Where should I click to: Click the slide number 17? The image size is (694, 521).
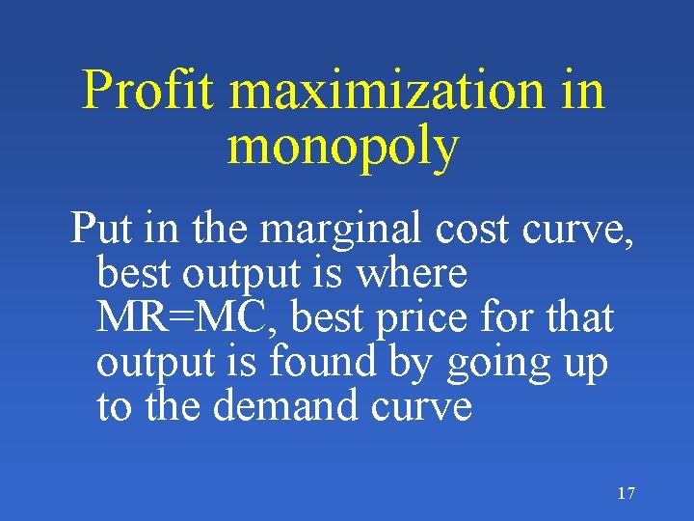[x=626, y=494]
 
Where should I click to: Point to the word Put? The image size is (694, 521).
[x=102, y=229]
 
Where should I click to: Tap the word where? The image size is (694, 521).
[x=412, y=273]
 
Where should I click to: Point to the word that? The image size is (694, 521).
[x=574, y=317]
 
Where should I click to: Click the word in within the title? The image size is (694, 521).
[x=583, y=91]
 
